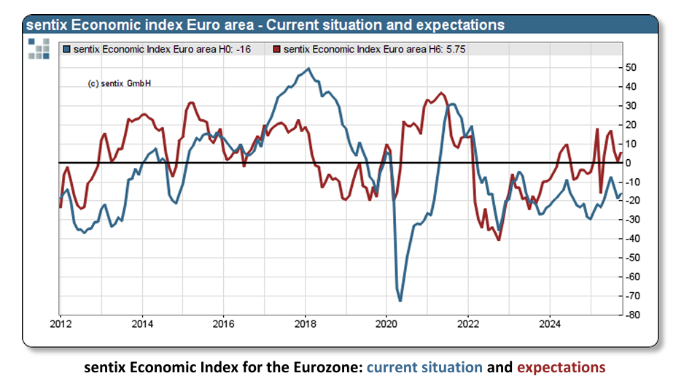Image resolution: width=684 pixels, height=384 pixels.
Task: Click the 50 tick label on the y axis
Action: [x=631, y=68]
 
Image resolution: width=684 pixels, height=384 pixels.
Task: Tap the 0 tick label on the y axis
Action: [x=629, y=163]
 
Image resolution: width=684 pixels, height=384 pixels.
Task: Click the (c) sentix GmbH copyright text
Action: [x=120, y=84]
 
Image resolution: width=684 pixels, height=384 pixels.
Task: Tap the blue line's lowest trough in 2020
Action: [x=400, y=300]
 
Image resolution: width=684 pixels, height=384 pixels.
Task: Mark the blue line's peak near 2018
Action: [x=308, y=69]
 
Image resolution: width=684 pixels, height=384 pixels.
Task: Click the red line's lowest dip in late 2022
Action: [x=499, y=239]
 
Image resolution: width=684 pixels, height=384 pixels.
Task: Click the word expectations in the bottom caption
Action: [x=561, y=367]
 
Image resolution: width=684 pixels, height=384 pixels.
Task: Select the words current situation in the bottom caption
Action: [x=424, y=367]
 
